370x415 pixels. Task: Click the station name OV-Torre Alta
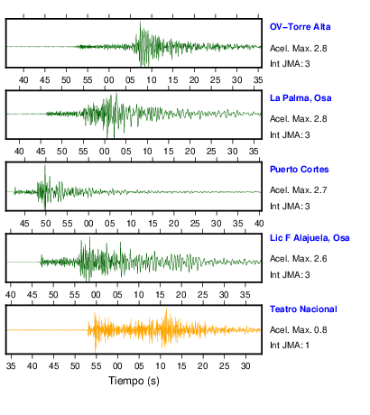pyautogui.click(x=300, y=27)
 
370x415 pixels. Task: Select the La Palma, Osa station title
pyautogui.click(x=301, y=98)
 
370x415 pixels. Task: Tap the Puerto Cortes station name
pyautogui.click(x=299, y=170)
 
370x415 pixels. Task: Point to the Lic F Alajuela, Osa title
pyautogui.click(x=310, y=238)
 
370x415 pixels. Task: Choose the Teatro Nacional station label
pyautogui.click(x=303, y=309)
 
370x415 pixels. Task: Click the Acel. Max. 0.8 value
pyautogui.click(x=298, y=330)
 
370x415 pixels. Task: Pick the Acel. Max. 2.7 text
pyautogui.click(x=298, y=190)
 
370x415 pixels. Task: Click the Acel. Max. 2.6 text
pyautogui.click(x=298, y=259)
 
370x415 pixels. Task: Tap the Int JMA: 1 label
pyautogui.click(x=290, y=345)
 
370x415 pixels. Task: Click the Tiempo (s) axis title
pyautogui.click(x=134, y=381)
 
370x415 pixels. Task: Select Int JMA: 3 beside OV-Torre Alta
pyautogui.click(x=290, y=64)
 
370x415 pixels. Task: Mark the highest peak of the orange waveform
pyautogui.click(x=166, y=309)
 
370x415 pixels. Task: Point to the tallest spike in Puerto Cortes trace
pyautogui.click(x=45, y=165)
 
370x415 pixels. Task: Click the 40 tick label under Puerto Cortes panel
pyautogui.click(x=259, y=224)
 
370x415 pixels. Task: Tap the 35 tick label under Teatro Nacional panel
pyautogui.click(x=11, y=366)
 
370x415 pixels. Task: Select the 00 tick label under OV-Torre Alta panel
pyautogui.click(x=108, y=80)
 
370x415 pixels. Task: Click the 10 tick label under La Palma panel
pyautogui.click(x=147, y=152)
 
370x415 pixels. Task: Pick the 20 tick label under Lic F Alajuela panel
pyautogui.click(x=181, y=295)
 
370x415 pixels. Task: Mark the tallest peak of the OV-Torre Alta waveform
pyautogui.click(x=140, y=23)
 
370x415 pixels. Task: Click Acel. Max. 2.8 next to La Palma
pyautogui.click(x=298, y=119)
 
